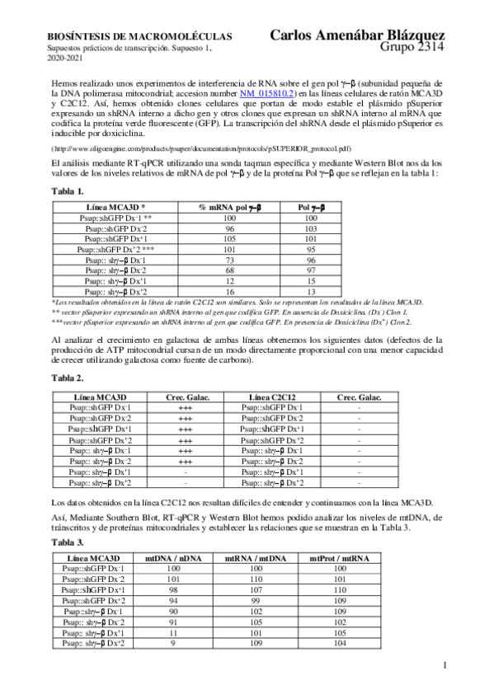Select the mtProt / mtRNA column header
(x=339, y=558)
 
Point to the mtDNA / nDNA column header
(x=174, y=558)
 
